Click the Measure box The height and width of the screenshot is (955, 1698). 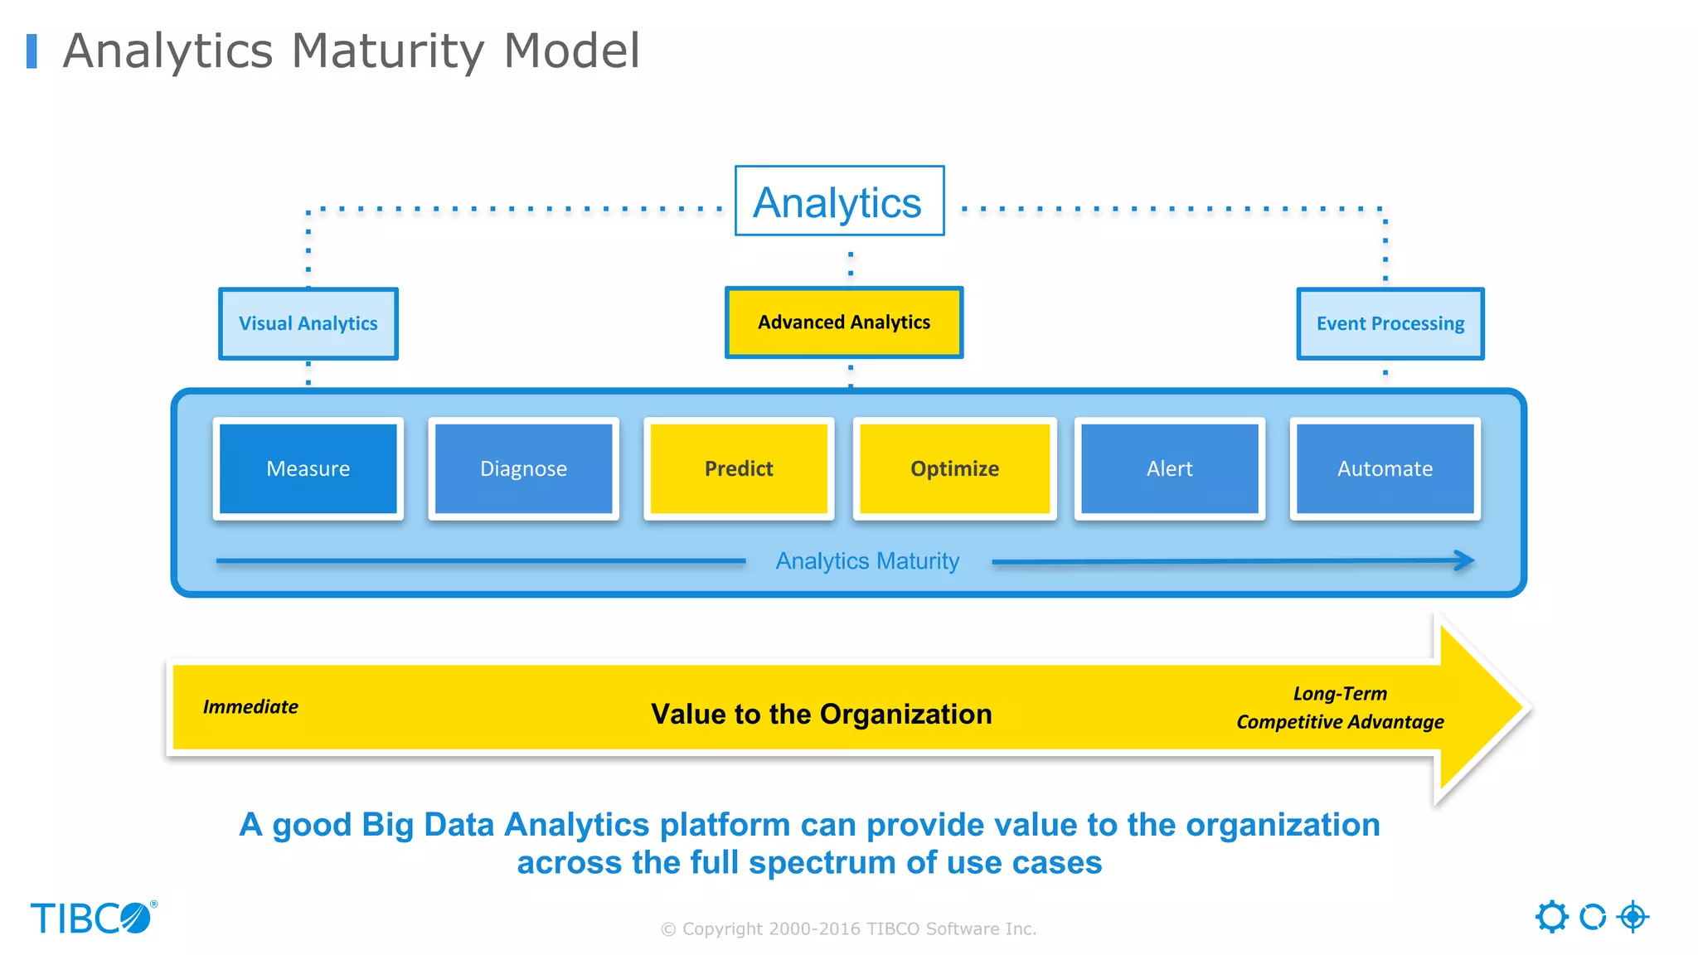pyautogui.click(x=308, y=468)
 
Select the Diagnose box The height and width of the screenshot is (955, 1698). pyautogui.click(x=523, y=468)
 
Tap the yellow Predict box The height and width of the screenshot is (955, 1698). pyautogui.click(x=738, y=468)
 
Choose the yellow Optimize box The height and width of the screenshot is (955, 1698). pyautogui.click(x=954, y=468)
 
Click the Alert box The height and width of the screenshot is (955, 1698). pyautogui.click(x=1169, y=468)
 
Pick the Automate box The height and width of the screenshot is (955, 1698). pyautogui.click(x=1385, y=468)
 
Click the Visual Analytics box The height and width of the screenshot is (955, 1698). pyautogui.click(x=308, y=323)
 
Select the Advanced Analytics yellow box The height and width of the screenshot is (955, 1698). pyautogui.click(x=844, y=322)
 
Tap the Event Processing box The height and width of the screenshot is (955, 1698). pyautogui.click(x=1390, y=323)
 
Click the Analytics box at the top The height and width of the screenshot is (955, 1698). pyautogui.click(x=839, y=201)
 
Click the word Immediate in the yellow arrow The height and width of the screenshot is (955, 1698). pyautogui.click(x=250, y=707)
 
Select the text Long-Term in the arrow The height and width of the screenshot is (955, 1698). pyautogui.click(x=1340, y=694)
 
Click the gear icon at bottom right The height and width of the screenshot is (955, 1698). pyautogui.click(x=1551, y=917)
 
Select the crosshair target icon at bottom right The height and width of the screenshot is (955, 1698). pyautogui.click(x=1633, y=917)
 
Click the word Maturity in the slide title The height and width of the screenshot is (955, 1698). pyautogui.click(x=387, y=51)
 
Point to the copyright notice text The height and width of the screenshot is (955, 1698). pyautogui.click(x=848, y=929)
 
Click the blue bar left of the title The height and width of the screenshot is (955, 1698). pyautogui.click(x=32, y=51)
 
